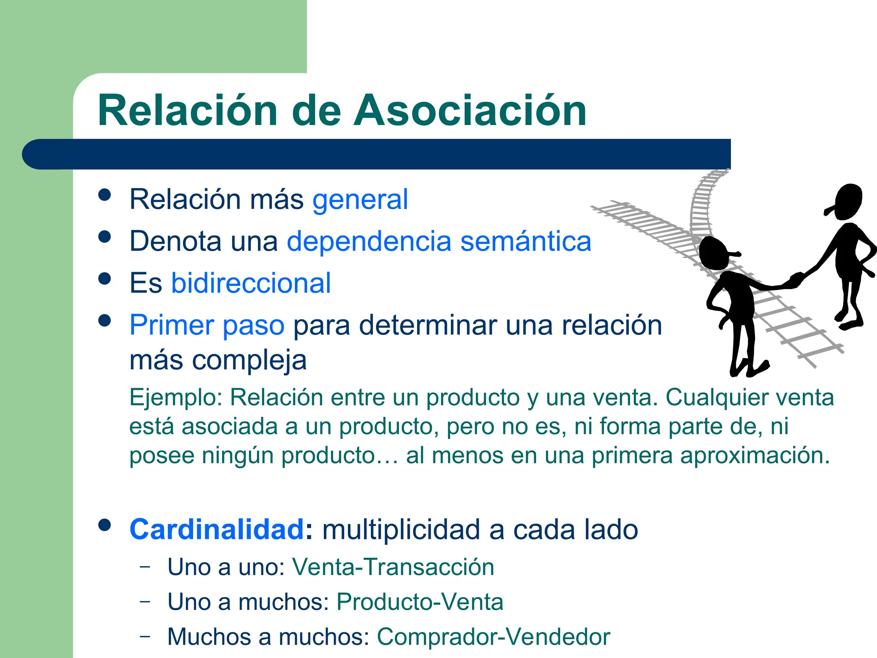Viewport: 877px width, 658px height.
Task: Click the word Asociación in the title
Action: pyautogui.click(x=470, y=111)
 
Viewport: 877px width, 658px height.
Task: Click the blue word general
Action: pyautogui.click(x=360, y=200)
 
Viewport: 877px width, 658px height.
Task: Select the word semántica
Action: pyautogui.click(x=525, y=241)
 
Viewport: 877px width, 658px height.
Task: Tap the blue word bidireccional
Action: pyautogui.click(x=251, y=283)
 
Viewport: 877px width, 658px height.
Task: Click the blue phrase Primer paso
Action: pyautogui.click(x=207, y=325)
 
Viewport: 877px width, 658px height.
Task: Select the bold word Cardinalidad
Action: pyautogui.click(x=217, y=530)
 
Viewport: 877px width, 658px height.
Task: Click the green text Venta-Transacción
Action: pyautogui.click(x=393, y=567)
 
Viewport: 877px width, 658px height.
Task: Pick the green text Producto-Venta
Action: pyautogui.click(x=420, y=602)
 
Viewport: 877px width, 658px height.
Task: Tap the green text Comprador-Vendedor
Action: pyautogui.click(x=493, y=637)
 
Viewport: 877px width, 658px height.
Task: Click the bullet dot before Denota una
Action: pyautogui.click(x=104, y=237)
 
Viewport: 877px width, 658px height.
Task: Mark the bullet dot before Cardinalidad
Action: pyautogui.click(x=104, y=525)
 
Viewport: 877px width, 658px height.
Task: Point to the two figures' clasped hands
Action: pyautogui.click(x=796, y=279)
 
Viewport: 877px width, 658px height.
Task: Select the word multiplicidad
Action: pyautogui.click(x=401, y=530)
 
